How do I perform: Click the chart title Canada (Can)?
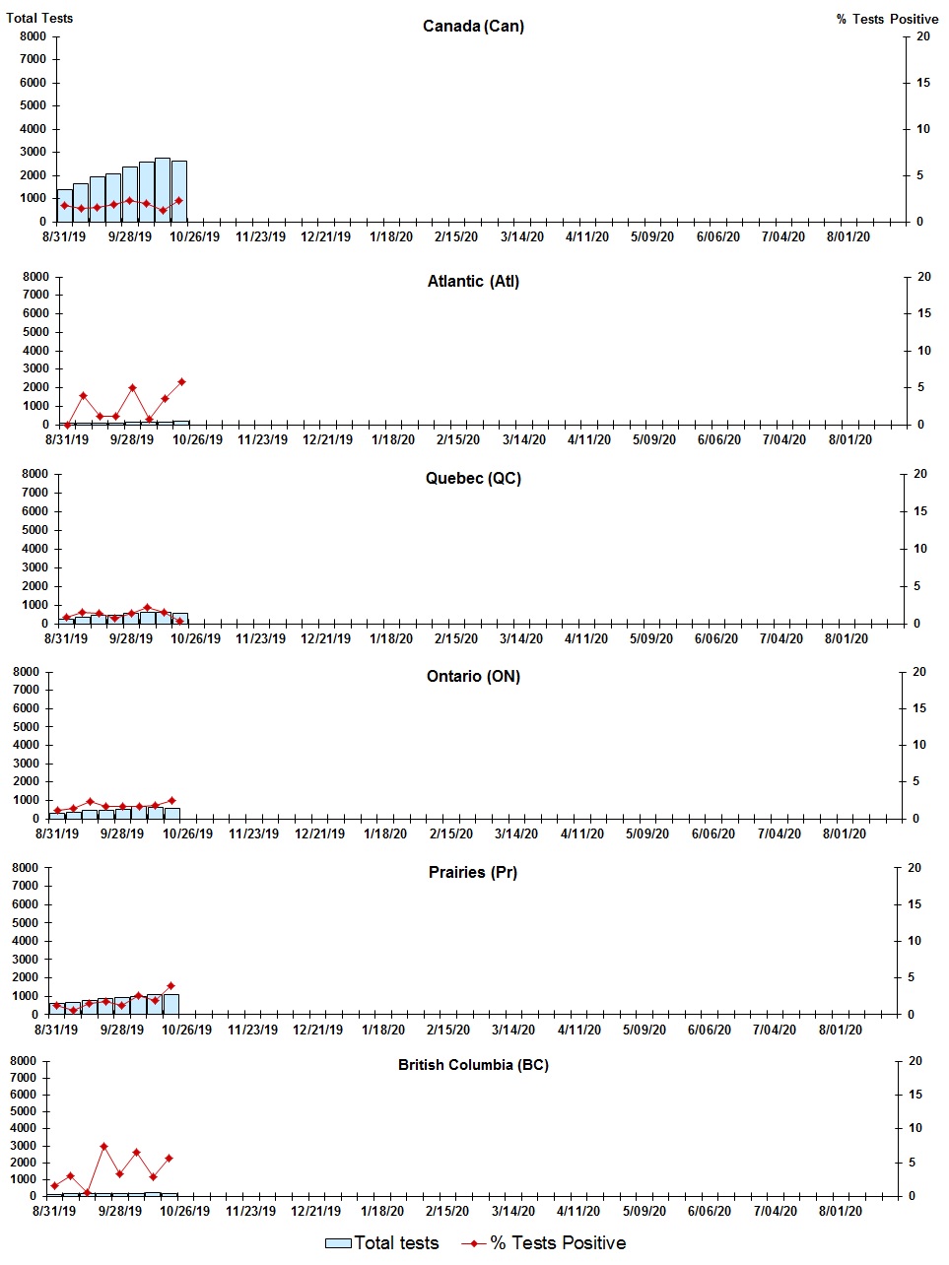pyautogui.click(x=473, y=26)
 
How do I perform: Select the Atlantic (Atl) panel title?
pyautogui.click(x=473, y=282)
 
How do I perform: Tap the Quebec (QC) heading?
pyautogui.click(x=473, y=479)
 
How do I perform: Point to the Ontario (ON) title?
pyautogui.click(x=473, y=677)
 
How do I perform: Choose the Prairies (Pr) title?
pyautogui.click(x=473, y=873)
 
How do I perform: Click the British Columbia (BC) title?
pyautogui.click(x=473, y=1065)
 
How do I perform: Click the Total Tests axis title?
pyautogui.click(x=39, y=18)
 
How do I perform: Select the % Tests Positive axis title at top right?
pyautogui.click(x=887, y=19)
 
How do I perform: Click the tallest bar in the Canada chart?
pyautogui.click(x=163, y=189)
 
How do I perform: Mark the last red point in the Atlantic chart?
pyautogui.click(x=181, y=382)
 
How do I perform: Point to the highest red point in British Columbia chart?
pyautogui.click(x=103, y=1147)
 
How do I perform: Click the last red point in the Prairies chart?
pyautogui.click(x=170, y=985)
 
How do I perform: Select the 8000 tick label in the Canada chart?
pyautogui.click(x=33, y=36)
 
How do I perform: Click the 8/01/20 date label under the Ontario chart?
pyautogui.click(x=845, y=833)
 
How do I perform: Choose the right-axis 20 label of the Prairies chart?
pyautogui.click(x=914, y=868)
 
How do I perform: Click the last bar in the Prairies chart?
pyautogui.click(x=170, y=1004)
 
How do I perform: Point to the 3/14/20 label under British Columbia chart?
pyautogui.click(x=512, y=1211)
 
